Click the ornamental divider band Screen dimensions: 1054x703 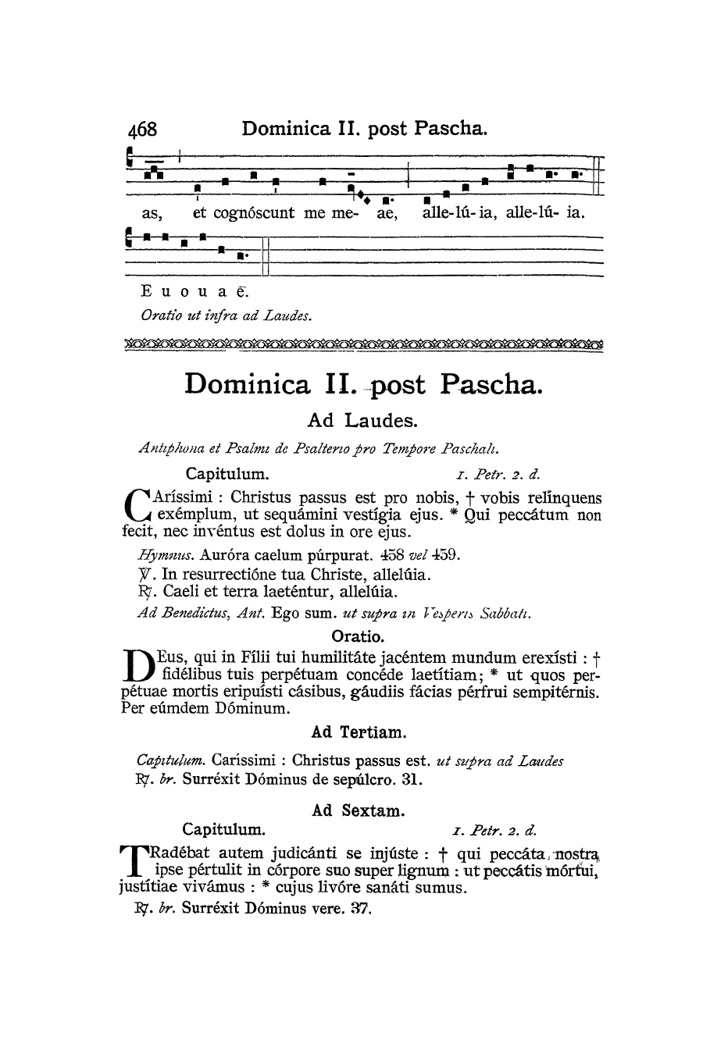click(364, 344)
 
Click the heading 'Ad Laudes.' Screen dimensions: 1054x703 click(362, 421)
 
